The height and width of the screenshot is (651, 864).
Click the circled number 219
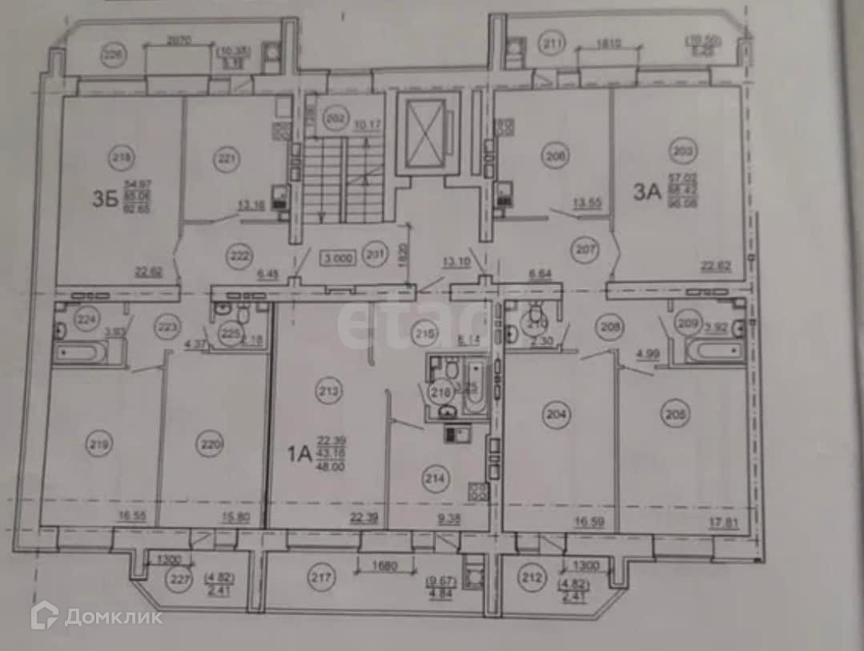tap(100, 443)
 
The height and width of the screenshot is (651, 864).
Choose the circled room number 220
tap(210, 445)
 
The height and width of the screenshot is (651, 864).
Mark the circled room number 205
tap(673, 415)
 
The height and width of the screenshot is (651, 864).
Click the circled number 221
tap(227, 160)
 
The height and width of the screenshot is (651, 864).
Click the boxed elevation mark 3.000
tap(337, 259)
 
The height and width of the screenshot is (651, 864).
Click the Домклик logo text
tap(113, 617)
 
